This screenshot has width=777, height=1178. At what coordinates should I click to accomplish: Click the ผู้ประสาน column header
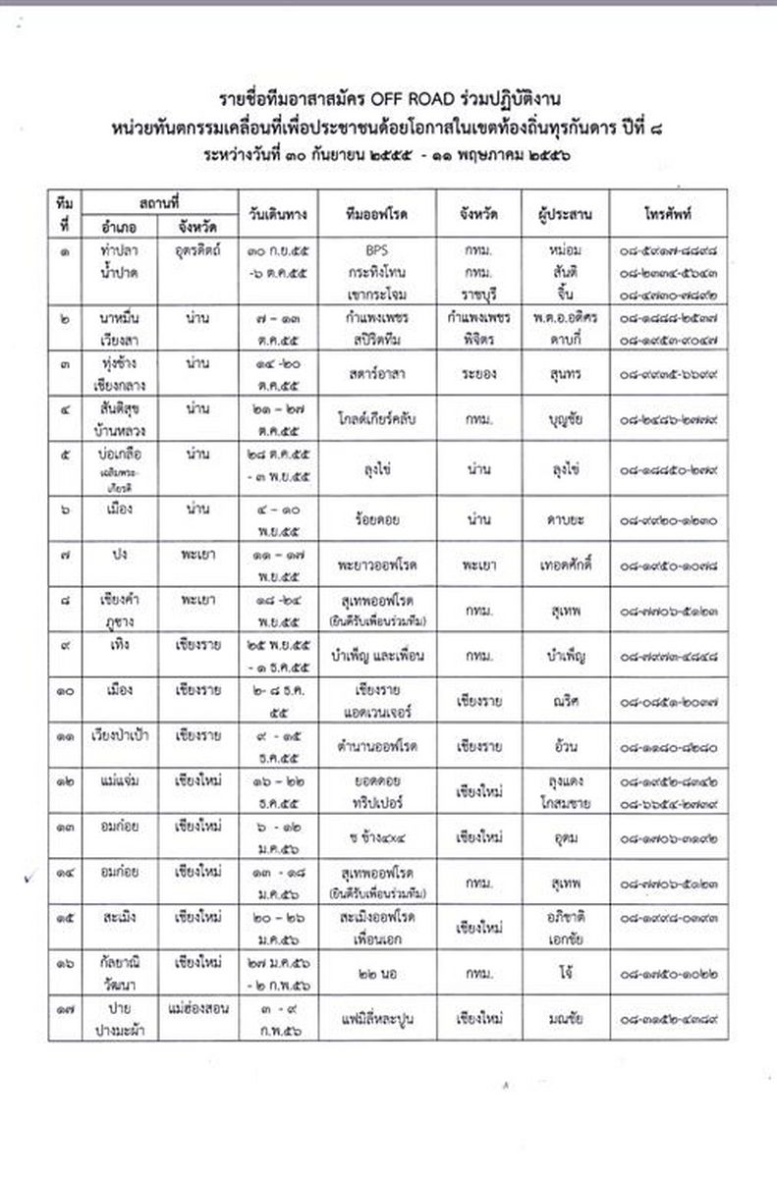(x=561, y=213)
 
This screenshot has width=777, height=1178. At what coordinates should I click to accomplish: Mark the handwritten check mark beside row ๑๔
(x=31, y=877)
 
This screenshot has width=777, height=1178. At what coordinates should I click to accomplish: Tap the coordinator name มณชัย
(x=561, y=1019)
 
